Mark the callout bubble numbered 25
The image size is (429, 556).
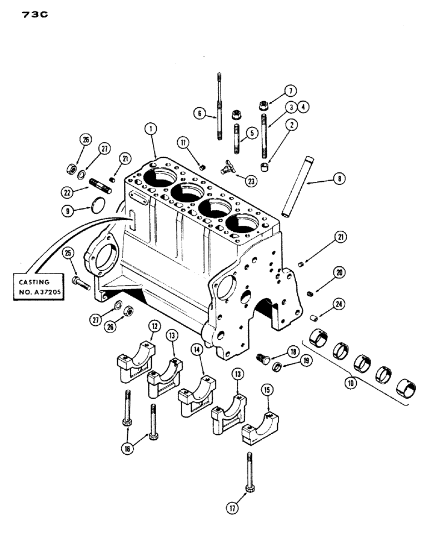[68, 254]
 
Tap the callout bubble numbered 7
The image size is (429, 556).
[290, 90]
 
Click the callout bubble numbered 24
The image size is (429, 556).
[338, 304]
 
